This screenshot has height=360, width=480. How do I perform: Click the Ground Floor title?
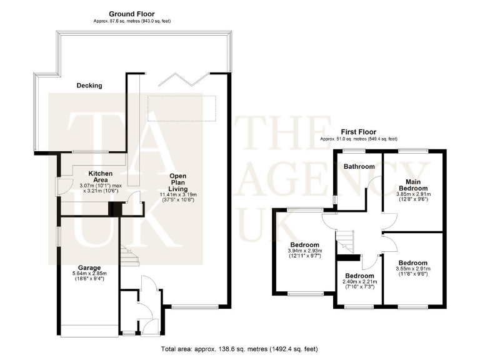(131, 14)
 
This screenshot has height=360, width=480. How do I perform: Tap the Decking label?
(89, 86)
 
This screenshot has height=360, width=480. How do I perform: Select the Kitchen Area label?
(100, 176)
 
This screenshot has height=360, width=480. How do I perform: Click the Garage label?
(90, 267)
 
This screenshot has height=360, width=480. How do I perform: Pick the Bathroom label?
(359, 166)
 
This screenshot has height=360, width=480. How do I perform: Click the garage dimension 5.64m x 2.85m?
(90, 277)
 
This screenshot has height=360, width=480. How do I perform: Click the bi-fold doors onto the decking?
(182, 81)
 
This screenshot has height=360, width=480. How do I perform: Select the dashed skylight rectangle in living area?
(182, 107)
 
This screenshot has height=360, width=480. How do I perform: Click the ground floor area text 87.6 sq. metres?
(131, 21)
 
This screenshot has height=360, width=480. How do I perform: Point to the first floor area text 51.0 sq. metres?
(357, 139)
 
